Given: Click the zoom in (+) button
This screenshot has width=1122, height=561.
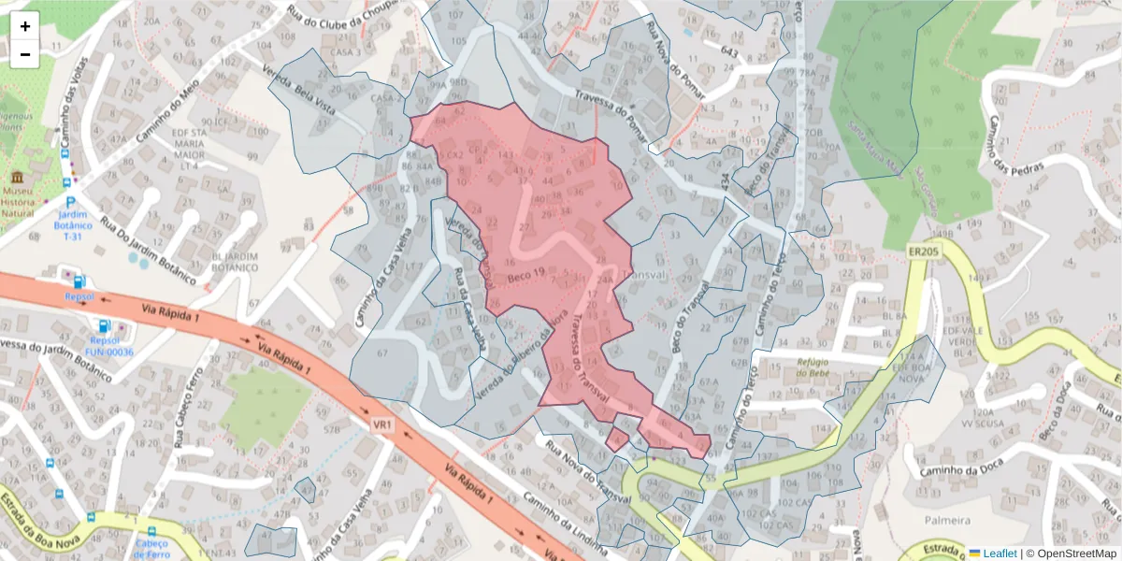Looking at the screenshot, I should click(25, 26).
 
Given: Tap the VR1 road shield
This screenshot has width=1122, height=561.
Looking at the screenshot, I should click(381, 424).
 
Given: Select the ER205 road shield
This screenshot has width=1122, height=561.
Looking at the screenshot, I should click(922, 252).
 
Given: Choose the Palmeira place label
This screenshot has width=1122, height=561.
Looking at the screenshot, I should click(944, 520).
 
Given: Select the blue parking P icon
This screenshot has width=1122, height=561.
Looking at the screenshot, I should click(70, 202).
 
